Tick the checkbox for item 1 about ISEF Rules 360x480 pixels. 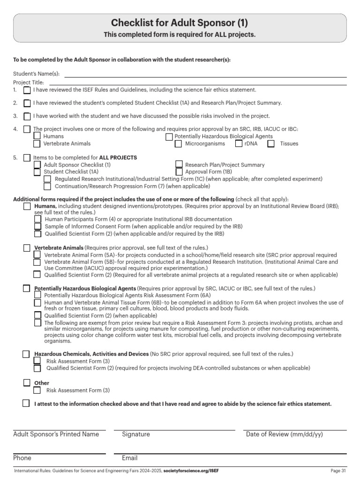[27, 90]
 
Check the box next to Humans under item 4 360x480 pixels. [37, 136]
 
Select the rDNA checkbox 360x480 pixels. [239, 144]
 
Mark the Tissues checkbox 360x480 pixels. [271, 144]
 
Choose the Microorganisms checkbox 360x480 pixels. [178, 144]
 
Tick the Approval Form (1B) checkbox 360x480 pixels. [179, 172]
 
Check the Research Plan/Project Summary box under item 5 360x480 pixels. [179, 164]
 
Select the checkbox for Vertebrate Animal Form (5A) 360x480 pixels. [37, 255]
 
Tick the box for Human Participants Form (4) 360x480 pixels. [37, 219]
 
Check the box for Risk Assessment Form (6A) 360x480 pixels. [37, 295]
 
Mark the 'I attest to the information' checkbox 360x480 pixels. [26, 403]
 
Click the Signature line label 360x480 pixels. [136, 434]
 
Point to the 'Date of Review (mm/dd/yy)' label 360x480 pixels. [284, 434]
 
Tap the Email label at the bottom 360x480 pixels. [129, 458]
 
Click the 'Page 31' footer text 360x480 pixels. [338, 470]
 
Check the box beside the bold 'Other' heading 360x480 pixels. [27, 383]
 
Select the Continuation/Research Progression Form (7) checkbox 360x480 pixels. [48, 186]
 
